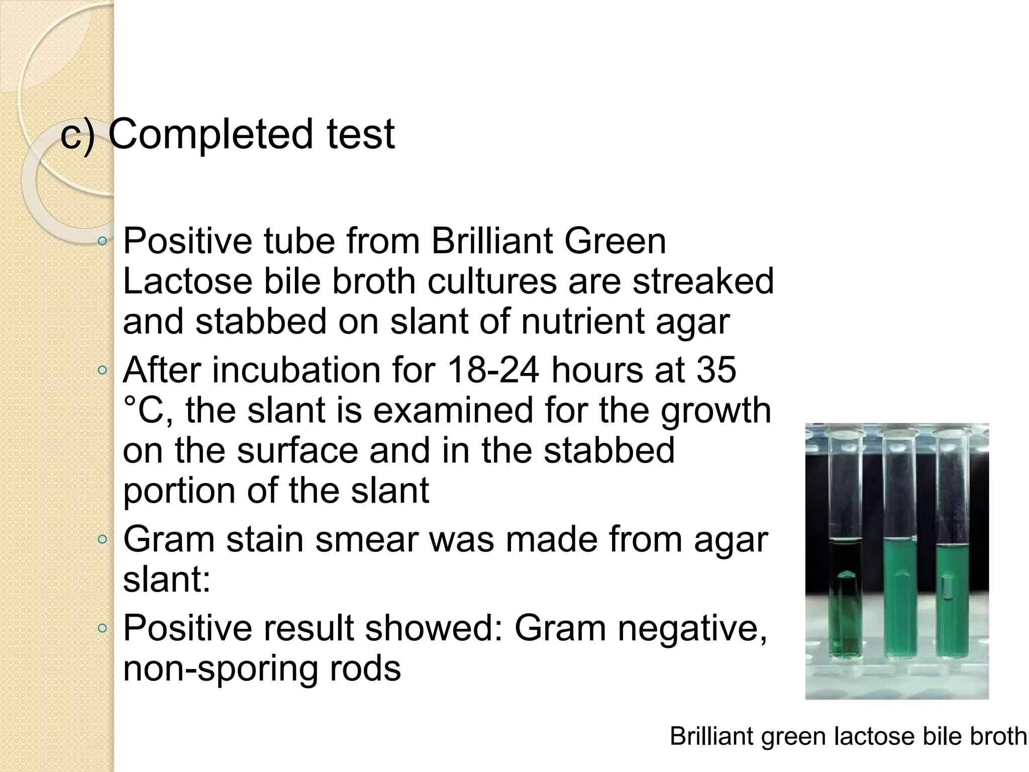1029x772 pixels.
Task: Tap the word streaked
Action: coord(703,281)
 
